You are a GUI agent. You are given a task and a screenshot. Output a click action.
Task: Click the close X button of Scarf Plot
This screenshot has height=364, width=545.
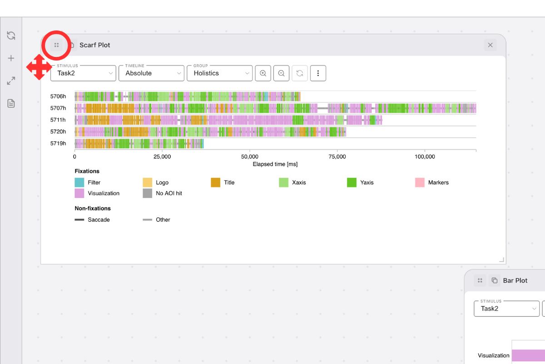pyautogui.click(x=490, y=45)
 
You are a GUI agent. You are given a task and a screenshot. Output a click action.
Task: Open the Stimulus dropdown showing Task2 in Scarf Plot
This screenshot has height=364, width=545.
pyautogui.click(x=83, y=73)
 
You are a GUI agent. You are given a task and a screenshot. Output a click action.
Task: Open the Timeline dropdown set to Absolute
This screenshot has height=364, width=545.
pyautogui.click(x=151, y=73)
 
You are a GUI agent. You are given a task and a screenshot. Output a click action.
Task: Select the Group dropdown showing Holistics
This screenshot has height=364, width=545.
pyautogui.click(x=219, y=73)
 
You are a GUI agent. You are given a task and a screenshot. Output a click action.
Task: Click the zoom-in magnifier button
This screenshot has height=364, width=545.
pyautogui.click(x=263, y=73)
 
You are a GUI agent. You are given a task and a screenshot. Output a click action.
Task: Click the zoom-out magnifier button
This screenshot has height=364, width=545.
pyautogui.click(x=282, y=73)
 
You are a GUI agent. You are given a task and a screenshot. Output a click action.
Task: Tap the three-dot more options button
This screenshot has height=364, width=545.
pyautogui.click(x=318, y=73)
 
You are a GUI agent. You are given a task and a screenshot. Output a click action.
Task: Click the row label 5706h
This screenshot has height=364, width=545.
pyautogui.click(x=58, y=96)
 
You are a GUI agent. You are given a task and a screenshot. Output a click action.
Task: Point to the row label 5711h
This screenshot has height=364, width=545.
pyautogui.click(x=58, y=120)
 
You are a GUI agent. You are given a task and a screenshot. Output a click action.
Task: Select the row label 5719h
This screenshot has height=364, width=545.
pyautogui.click(x=58, y=143)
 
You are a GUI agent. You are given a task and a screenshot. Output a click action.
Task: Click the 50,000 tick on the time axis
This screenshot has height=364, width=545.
pyautogui.click(x=250, y=157)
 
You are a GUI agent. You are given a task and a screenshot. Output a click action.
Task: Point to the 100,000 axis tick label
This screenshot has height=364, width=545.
pyautogui.click(x=424, y=157)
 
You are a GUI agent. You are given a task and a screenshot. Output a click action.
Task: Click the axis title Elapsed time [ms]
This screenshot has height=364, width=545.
pyautogui.click(x=275, y=164)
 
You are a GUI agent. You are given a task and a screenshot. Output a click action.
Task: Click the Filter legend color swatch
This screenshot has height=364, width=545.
pyautogui.click(x=79, y=182)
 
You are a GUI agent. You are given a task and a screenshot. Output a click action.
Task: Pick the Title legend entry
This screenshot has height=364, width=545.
pyautogui.click(x=229, y=182)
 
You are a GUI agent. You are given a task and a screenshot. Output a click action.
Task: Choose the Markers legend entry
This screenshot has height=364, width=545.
pyautogui.click(x=438, y=182)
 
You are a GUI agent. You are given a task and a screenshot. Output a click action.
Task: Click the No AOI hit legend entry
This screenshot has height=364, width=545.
pyautogui.click(x=168, y=193)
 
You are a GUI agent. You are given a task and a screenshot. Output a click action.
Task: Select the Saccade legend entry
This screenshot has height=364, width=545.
pyautogui.click(x=99, y=220)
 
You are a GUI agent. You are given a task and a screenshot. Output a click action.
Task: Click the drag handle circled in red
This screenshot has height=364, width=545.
pyautogui.click(x=56, y=45)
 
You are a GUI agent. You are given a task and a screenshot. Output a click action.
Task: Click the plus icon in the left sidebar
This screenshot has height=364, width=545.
pyautogui.click(x=11, y=58)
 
